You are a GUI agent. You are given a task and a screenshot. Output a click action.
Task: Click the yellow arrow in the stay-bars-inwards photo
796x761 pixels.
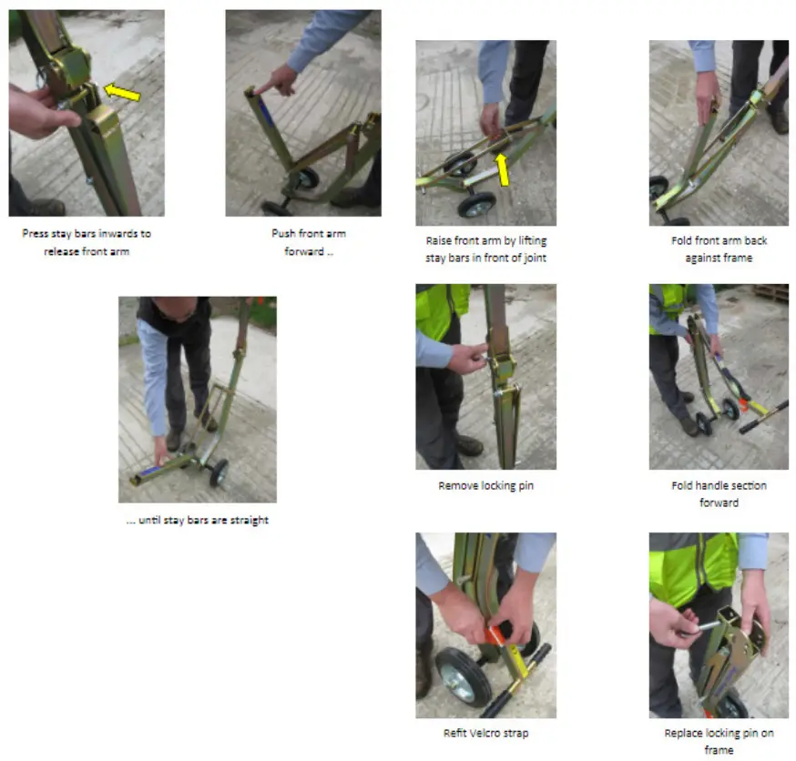(123, 91)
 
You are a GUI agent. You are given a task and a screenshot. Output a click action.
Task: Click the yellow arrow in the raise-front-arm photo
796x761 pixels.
(502, 167)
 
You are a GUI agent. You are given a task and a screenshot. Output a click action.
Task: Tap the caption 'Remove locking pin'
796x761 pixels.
(485, 485)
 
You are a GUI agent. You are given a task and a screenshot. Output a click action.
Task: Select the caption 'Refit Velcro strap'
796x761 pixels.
(485, 733)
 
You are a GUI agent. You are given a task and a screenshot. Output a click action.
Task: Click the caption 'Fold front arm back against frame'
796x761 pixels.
(719, 249)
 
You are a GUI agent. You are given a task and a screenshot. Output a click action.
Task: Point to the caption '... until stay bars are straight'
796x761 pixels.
(198, 521)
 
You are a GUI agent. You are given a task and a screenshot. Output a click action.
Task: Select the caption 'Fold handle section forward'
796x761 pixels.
(719, 493)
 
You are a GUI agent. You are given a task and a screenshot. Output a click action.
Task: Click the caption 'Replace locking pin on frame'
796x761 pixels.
(719, 741)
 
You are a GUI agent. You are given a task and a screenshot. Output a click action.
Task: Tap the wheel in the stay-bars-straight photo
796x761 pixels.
(219, 472)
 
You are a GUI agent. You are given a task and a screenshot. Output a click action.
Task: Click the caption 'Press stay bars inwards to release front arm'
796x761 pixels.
(87, 242)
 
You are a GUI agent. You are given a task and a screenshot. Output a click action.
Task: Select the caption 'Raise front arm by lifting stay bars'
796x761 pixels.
(485, 249)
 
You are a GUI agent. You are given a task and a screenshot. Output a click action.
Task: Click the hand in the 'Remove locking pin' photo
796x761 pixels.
(466, 358)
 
